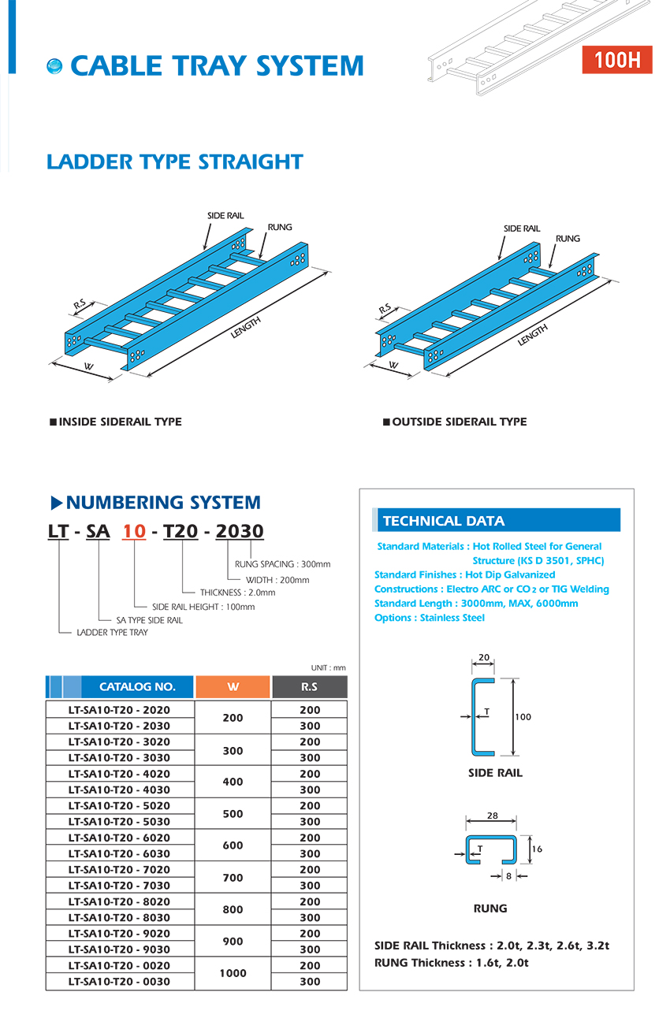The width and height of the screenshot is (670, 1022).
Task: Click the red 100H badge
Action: tap(617, 60)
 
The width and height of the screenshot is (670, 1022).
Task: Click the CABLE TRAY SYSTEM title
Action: tap(217, 66)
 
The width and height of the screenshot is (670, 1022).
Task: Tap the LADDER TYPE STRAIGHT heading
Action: tap(174, 162)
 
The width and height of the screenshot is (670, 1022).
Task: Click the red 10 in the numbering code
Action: tap(134, 531)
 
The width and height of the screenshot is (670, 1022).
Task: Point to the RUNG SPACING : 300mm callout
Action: tap(282, 564)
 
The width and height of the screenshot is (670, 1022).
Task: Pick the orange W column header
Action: tap(233, 686)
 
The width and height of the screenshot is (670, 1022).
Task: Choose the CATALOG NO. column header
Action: tap(137, 686)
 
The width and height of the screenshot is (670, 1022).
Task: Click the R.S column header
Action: tap(309, 686)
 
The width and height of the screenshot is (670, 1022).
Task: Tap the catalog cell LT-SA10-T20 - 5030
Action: tap(119, 822)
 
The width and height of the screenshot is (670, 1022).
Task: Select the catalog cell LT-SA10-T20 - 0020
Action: tap(119, 965)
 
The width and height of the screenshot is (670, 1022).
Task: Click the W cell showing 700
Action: tap(233, 877)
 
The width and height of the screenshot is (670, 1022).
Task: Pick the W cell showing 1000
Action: tap(233, 973)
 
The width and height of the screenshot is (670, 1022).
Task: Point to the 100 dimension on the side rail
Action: tap(523, 717)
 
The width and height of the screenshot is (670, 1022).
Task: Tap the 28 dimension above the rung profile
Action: tap(493, 816)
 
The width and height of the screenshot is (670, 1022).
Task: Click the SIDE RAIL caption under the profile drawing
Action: tap(495, 773)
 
